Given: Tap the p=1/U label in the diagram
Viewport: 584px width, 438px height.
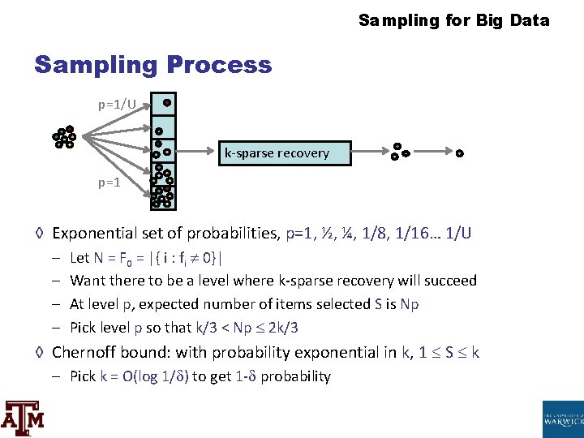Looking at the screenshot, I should pos(117,105).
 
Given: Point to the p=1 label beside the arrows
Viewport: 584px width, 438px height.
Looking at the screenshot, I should pos(109,182).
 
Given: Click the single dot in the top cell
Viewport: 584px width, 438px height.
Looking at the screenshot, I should pos(166,103).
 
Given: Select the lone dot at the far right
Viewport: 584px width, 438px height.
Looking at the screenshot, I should pos(459,152).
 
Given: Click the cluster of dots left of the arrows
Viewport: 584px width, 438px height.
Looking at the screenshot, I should pos(64,138).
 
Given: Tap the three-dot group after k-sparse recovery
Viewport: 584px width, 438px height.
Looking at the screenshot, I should pos(398,152).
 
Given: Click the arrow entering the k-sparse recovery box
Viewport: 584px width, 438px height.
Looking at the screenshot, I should pos(197,152).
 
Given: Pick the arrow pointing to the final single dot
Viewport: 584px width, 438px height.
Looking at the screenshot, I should pos(430,152).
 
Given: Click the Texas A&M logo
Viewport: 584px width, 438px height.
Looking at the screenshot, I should pos(22,418).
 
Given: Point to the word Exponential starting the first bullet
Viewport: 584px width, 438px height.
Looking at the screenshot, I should pos(97,234).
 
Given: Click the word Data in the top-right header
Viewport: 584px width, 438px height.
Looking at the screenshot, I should pos(530,20).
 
